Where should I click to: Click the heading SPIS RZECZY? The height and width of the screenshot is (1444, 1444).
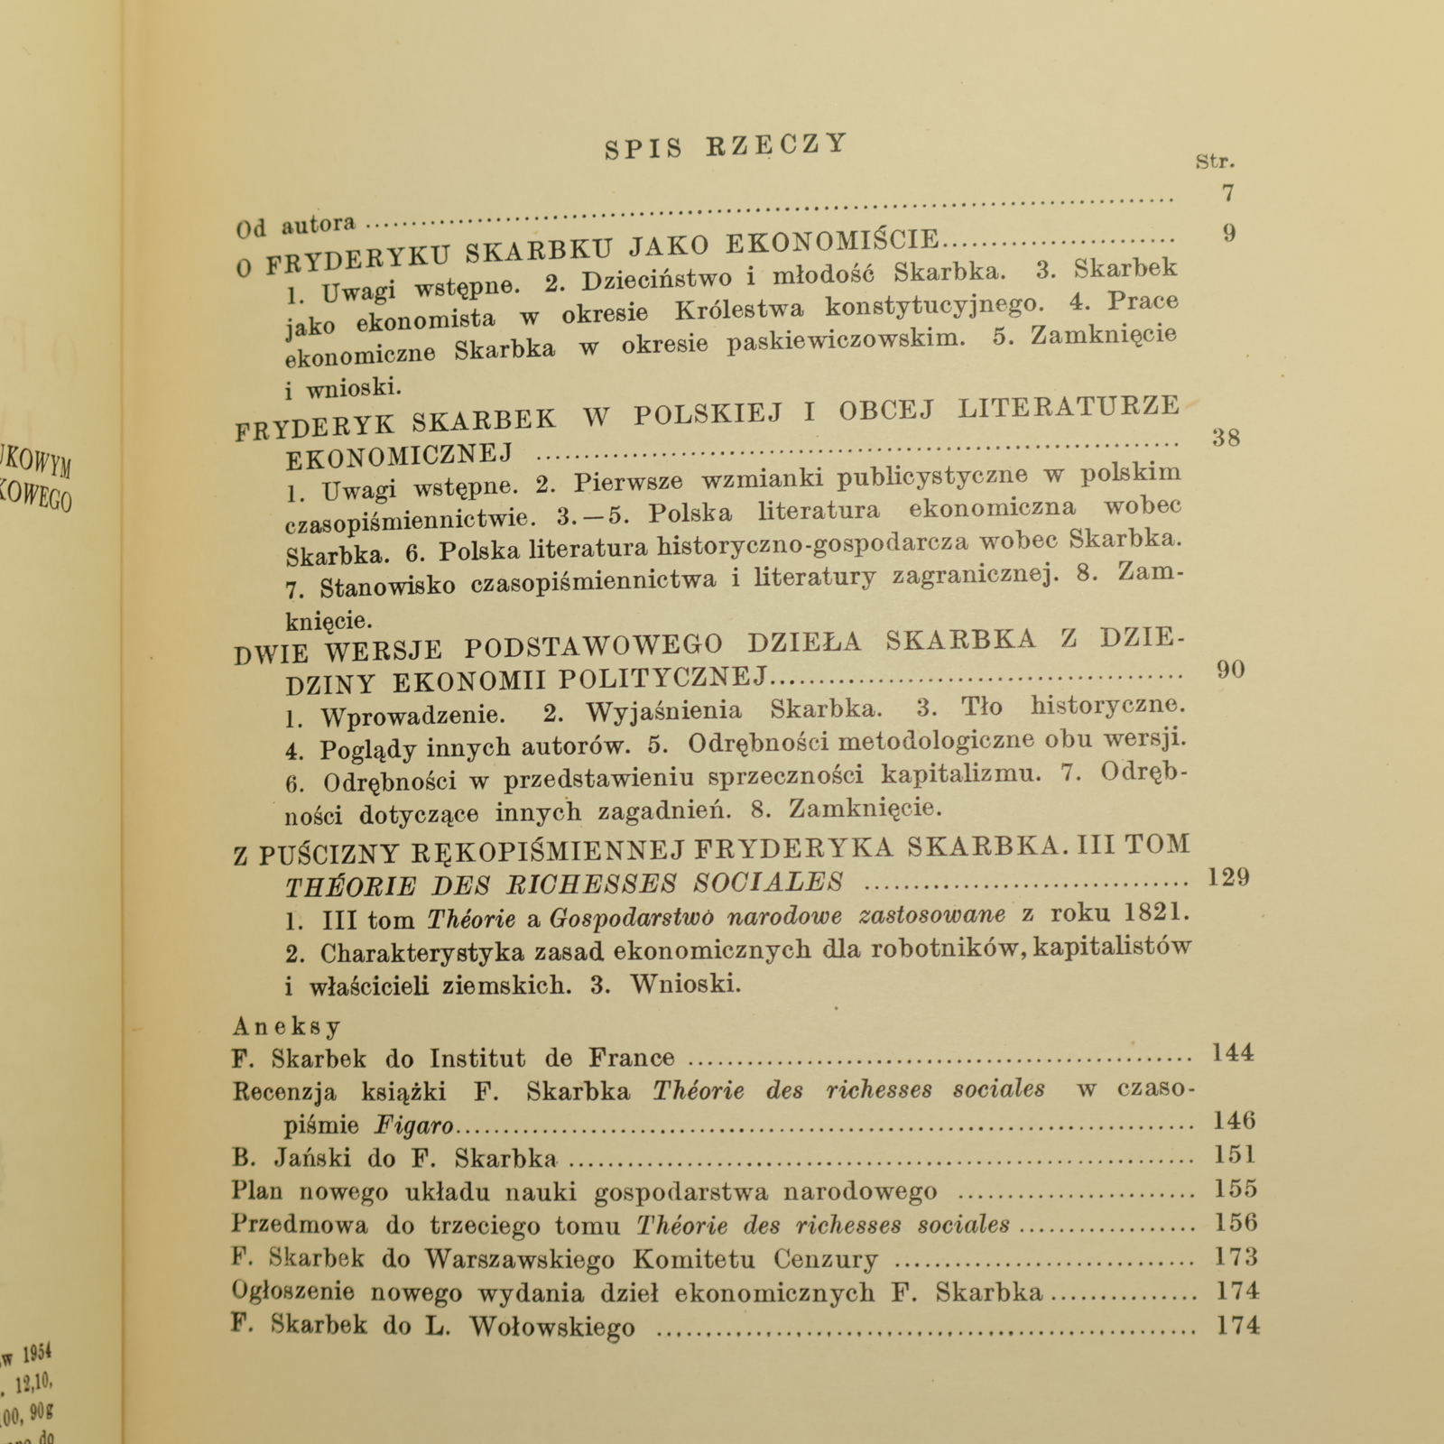(727, 146)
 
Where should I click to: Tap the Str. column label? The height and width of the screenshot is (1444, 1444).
(1215, 162)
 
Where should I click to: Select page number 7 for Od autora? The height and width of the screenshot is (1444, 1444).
(1227, 192)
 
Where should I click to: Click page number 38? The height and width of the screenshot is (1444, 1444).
(1226, 439)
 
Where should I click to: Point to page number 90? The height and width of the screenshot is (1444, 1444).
(1231, 670)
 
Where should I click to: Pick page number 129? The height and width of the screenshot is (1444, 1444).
(1228, 877)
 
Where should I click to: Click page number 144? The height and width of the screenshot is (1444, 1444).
(1232, 1052)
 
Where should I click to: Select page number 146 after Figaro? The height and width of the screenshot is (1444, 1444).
(1234, 1121)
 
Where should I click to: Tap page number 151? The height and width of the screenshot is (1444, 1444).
(1235, 1155)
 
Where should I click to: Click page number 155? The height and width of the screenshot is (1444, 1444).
(1236, 1189)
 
